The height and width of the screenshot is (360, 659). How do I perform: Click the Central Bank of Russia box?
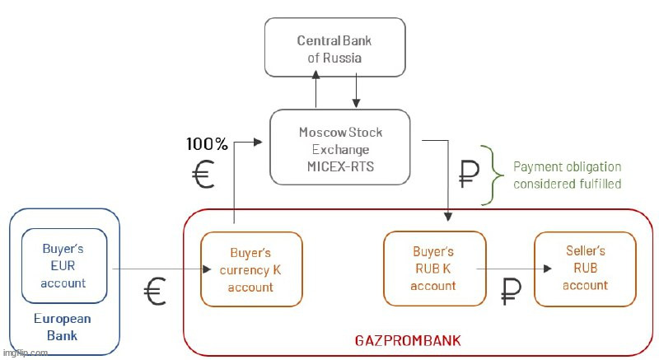point(334,49)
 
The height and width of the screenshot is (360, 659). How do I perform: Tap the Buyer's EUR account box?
point(63,265)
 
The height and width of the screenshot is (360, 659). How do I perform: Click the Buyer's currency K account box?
point(250,269)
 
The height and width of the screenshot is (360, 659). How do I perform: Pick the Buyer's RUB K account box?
point(432,268)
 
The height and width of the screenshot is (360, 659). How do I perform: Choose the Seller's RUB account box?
point(585,268)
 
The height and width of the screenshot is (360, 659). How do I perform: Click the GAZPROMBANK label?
point(407,339)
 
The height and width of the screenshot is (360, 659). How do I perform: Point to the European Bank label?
point(63,327)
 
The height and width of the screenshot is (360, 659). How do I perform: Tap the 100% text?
point(207,144)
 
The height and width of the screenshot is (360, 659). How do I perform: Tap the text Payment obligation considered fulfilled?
point(567,175)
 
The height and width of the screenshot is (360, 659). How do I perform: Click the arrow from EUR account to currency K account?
point(157,269)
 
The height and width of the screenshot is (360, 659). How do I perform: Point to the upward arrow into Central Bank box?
point(315,91)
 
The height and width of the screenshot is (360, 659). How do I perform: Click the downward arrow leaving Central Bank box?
point(355,91)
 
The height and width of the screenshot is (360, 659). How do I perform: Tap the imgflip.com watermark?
point(25,353)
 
